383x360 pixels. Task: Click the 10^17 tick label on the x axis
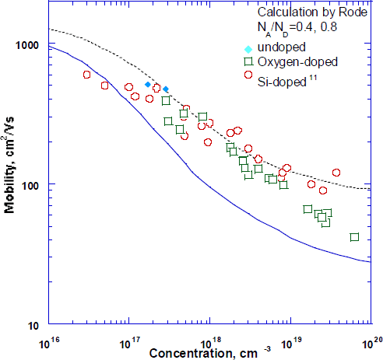[x=128, y=341]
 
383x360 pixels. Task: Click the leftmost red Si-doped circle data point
[x=86, y=75]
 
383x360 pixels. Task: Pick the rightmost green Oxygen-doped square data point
[x=354, y=237]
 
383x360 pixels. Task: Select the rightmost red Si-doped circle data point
[x=336, y=173]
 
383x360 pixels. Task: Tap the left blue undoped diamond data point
[x=147, y=84]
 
